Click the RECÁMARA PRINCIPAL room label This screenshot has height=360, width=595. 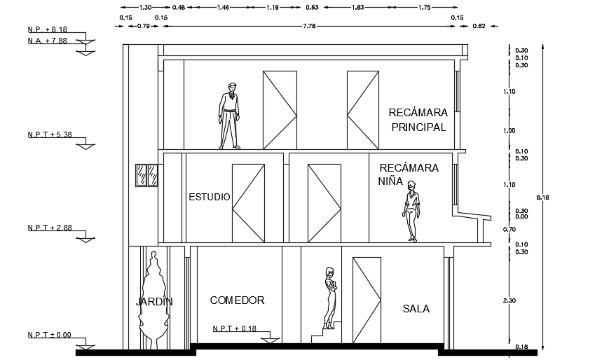pos(418,119)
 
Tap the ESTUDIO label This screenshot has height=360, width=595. pos(209,198)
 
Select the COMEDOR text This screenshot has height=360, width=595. pos(237,300)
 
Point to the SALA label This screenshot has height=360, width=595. pos(416,309)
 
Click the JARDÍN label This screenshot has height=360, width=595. pos(154,302)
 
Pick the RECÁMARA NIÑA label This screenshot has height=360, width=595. pos(408,174)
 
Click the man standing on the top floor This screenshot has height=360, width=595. pos(229,116)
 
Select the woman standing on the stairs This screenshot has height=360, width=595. pos(330,298)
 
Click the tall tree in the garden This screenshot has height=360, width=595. pos(153,298)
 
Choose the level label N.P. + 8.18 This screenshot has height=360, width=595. pos(48,30)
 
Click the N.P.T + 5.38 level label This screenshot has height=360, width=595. pos(49,134)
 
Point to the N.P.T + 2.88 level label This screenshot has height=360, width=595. pos(49,228)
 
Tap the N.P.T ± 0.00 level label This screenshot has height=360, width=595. pos(49,335)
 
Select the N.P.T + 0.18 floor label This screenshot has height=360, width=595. pos(235,328)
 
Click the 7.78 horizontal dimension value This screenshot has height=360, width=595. pos(307,26)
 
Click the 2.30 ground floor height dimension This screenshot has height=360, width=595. pos(511,300)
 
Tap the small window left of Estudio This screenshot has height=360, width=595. pos(146,175)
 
